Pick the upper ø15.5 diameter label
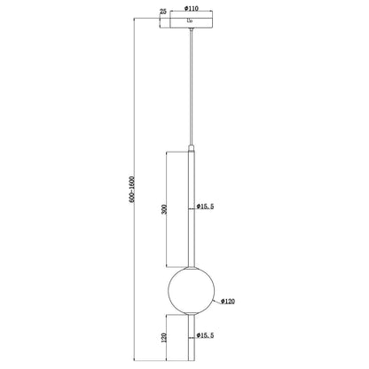(209, 208)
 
